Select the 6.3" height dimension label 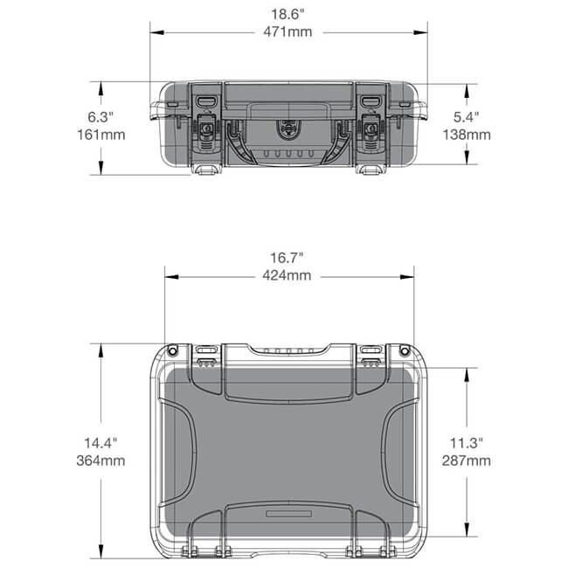point(102,117)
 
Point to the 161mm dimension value point(102,135)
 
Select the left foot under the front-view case point(206,169)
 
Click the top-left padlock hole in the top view point(172,350)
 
